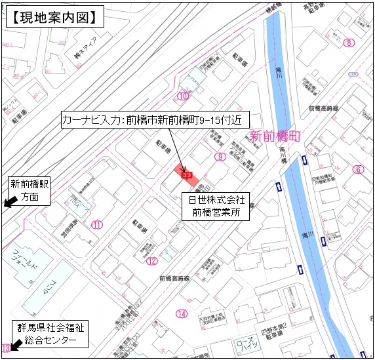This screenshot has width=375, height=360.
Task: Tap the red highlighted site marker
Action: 185,174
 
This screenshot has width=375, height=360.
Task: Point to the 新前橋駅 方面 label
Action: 30,190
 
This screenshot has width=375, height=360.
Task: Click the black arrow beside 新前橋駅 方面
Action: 9,203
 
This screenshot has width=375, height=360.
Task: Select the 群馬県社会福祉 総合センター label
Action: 51,333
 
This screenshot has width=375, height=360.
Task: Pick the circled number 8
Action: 349,43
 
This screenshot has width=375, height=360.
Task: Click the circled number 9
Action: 220,157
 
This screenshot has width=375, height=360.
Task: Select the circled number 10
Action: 183,96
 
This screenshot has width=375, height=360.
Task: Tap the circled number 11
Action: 98,225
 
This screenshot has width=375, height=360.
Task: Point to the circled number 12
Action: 152,261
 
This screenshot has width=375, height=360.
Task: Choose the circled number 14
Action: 181,313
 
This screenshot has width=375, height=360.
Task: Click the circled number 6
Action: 357,170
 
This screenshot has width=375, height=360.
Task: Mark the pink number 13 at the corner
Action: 6,348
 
